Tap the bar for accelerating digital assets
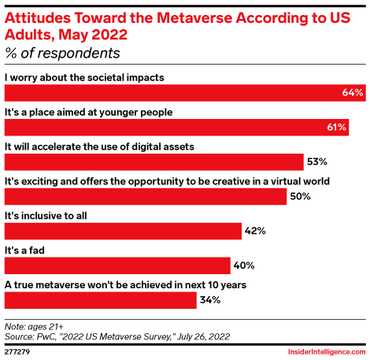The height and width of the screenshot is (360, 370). [154, 161]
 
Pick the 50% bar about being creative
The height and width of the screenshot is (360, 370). [146, 196]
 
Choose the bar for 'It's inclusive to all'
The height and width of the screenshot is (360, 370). [123, 231]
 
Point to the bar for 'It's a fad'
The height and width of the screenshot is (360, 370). [117, 265]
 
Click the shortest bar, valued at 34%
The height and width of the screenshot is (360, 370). [101, 299]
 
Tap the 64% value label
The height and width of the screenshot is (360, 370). [353, 93]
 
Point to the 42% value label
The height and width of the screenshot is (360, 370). [255, 231]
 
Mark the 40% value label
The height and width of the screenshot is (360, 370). [244, 265]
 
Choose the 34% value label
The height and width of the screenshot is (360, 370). [210, 300]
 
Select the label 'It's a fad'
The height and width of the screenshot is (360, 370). [24, 249]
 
